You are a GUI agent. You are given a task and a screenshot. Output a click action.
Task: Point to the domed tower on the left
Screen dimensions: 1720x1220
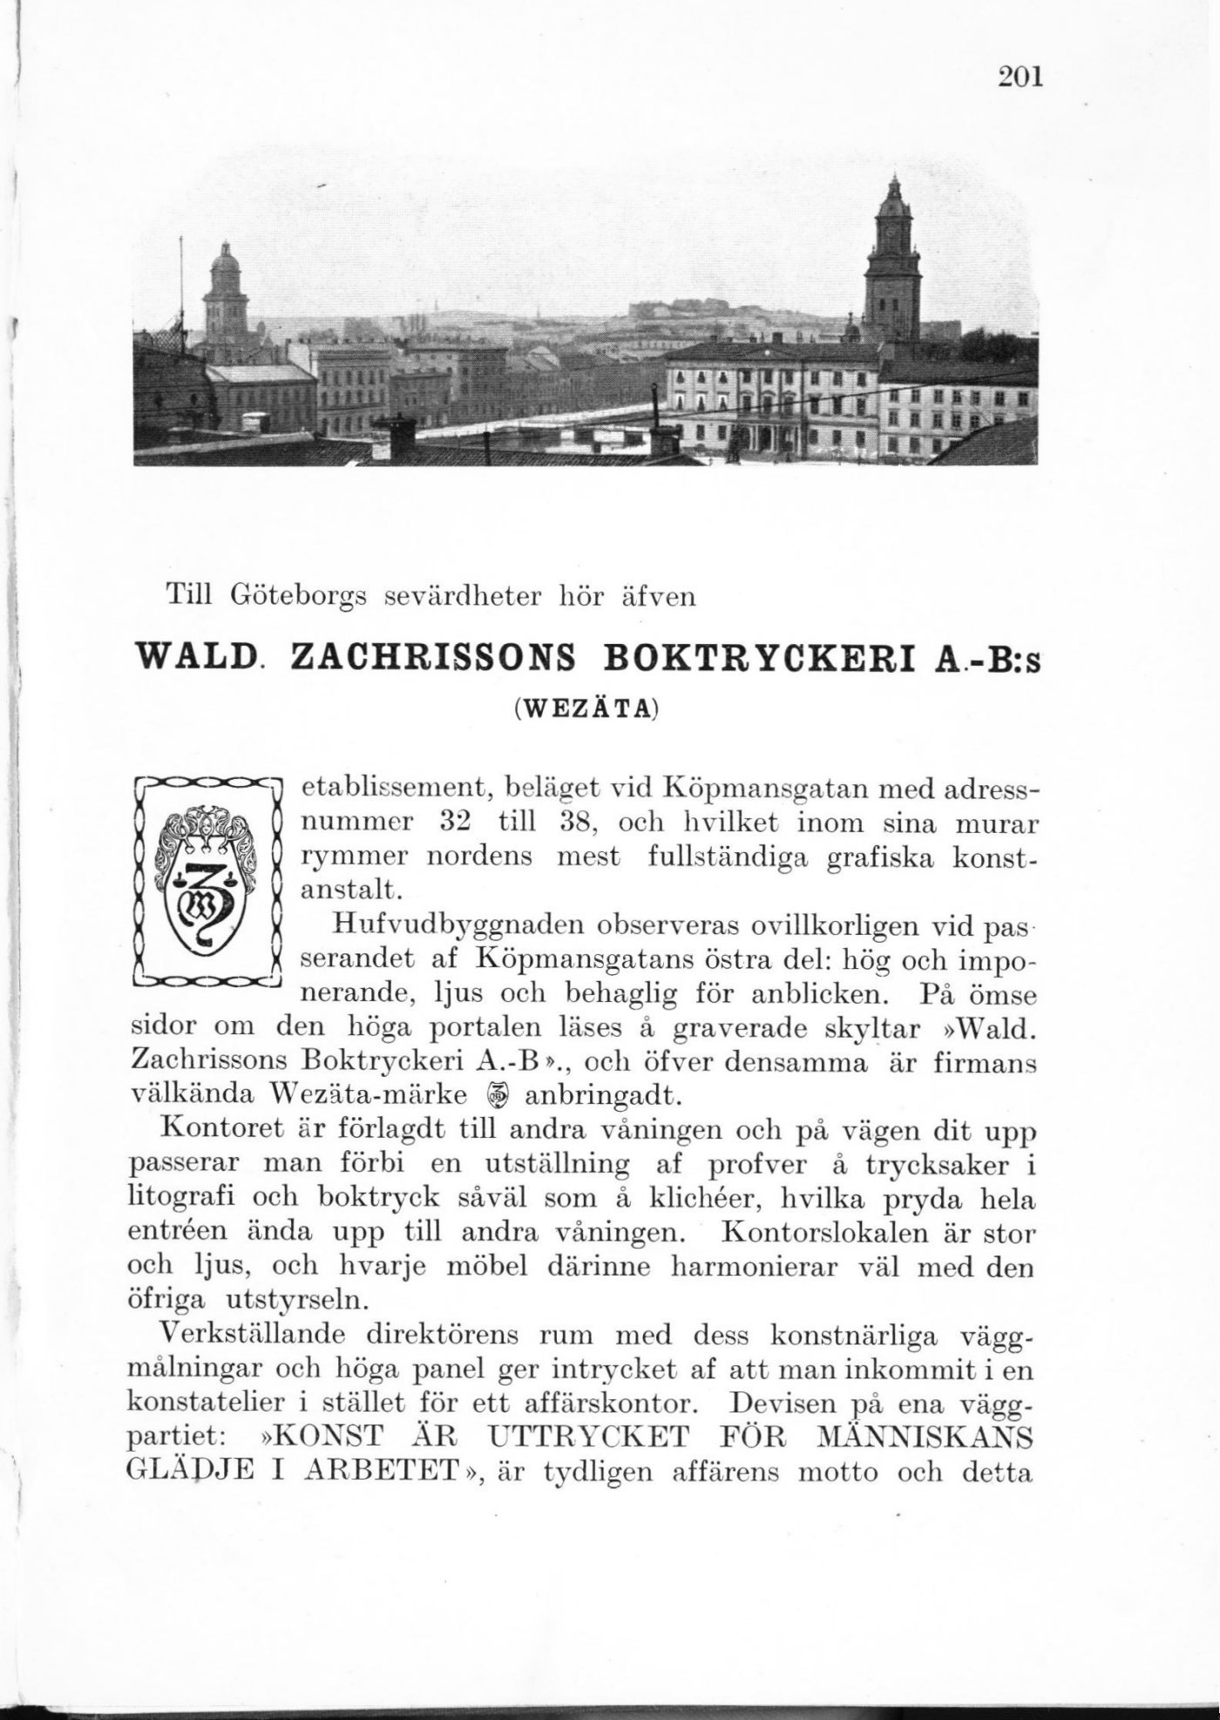[225, 296]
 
